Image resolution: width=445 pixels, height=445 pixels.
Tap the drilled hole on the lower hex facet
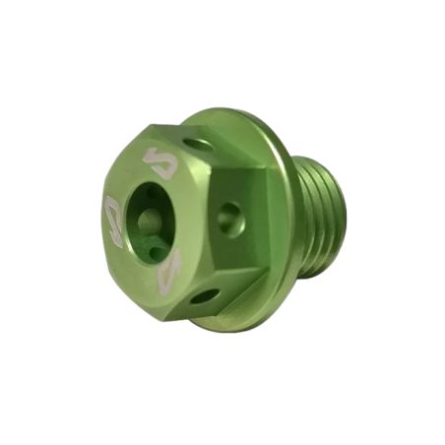[x=205, y=295]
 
